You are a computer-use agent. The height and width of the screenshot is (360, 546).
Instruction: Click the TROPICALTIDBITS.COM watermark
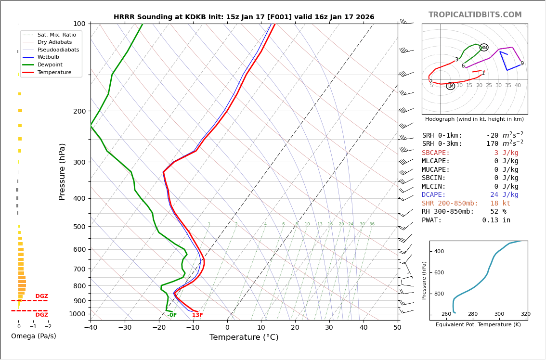(x=475, y=15)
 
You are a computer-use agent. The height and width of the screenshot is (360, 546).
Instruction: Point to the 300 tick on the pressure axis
(x=79, y=162)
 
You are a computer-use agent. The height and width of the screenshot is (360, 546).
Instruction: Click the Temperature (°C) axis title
(x=244, y=338)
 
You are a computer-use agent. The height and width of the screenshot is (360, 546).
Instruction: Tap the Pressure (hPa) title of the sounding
(x=62, y=171)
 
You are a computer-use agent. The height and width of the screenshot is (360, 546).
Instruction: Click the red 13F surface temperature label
(x=197, y=315)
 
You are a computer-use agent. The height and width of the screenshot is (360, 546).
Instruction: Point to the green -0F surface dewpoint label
(x=172, y=315)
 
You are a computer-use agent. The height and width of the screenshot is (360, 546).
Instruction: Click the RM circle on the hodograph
(x=484, y=48)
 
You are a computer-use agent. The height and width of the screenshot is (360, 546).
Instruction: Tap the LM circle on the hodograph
(x=450, y=86)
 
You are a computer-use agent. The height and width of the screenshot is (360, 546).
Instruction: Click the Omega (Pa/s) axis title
(x=34, y=336)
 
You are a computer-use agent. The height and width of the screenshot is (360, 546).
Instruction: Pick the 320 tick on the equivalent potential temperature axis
(x=525, y=314)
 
